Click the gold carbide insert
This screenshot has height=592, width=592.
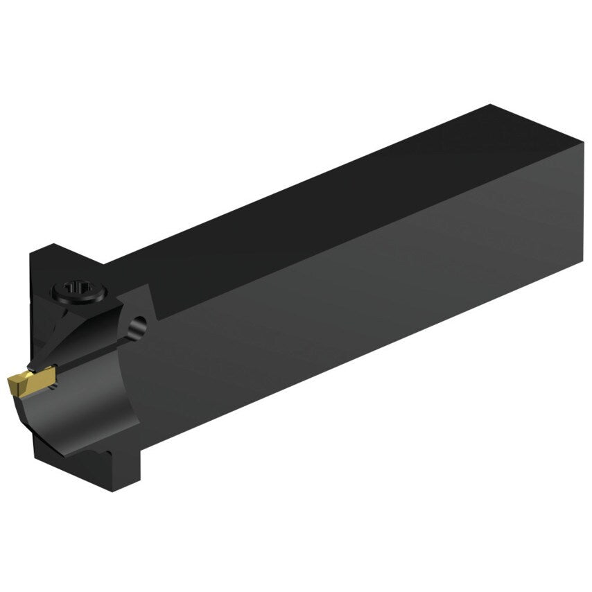point(27,381)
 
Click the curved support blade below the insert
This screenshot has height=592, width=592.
point(76,409)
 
